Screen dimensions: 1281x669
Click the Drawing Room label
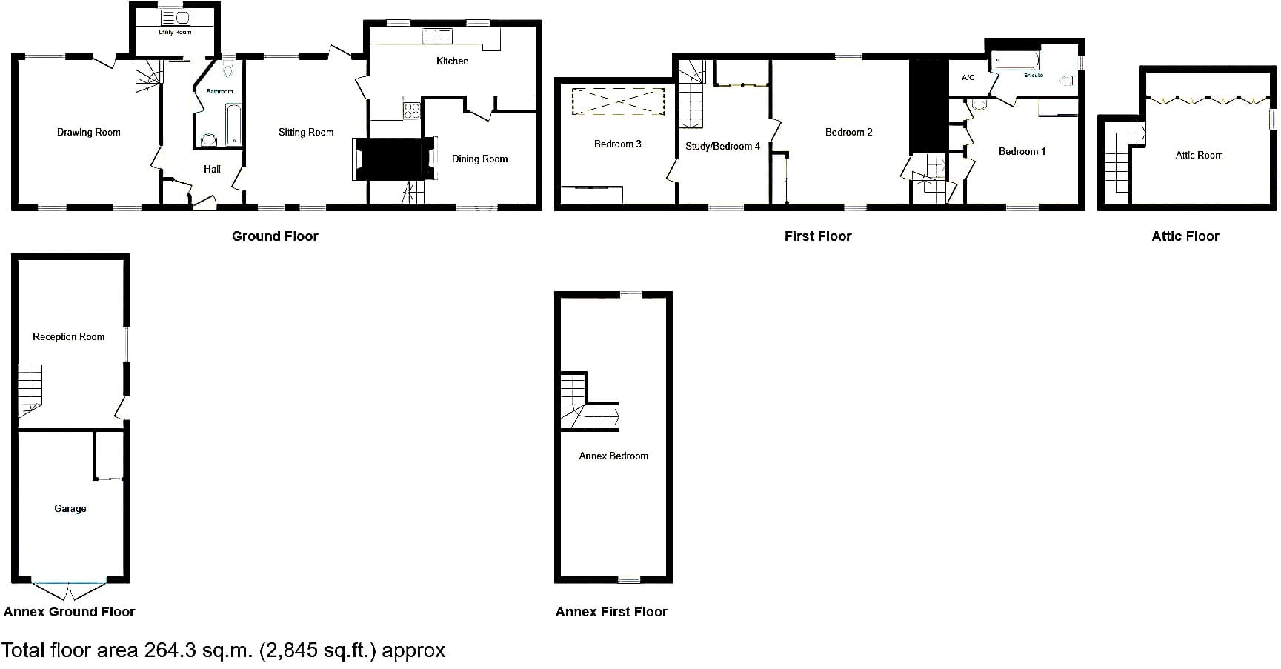[x=88, y=132]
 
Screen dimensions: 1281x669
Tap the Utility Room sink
[x=176, y=17]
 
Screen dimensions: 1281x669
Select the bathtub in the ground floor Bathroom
[x=233, y=124]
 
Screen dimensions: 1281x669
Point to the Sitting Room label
[x=306, y=132]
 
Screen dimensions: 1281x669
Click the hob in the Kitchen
[x=412, y=110]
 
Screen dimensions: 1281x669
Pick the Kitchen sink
[x=437, y=36]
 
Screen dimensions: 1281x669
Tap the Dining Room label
[x=479, y=159]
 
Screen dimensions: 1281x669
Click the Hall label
[x=212, y=169]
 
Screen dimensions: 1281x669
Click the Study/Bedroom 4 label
[x=722, y=146]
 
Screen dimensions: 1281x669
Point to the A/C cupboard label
[x=968, y=78]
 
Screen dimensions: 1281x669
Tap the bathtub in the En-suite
[x=1017, y=59]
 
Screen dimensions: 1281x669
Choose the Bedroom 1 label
[x=1022, y=151]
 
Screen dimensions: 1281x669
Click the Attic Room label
[x=1199, y=155]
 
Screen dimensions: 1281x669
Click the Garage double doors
[x=70, y=590]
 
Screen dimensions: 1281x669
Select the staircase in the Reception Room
[x=30, y=390]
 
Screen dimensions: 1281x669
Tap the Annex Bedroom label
[x=613, y=456]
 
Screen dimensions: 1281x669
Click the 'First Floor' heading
[x=818, y=236]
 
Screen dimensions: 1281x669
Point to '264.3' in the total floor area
[x=168, y=650]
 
